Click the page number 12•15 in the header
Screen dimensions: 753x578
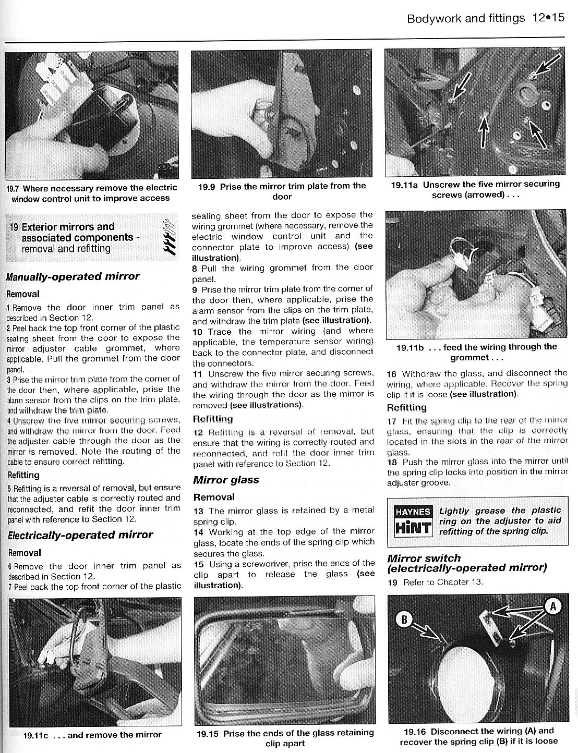549,18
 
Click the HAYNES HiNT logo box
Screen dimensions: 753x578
414,520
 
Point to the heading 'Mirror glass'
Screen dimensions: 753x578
226,480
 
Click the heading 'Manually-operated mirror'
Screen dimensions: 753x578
73,276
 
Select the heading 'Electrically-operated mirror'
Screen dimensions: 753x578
80,535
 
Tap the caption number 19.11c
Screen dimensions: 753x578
35,735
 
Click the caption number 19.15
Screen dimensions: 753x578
208,733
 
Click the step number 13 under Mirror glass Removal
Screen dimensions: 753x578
198,511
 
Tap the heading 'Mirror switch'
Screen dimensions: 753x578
424,558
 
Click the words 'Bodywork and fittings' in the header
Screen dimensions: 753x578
465,18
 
